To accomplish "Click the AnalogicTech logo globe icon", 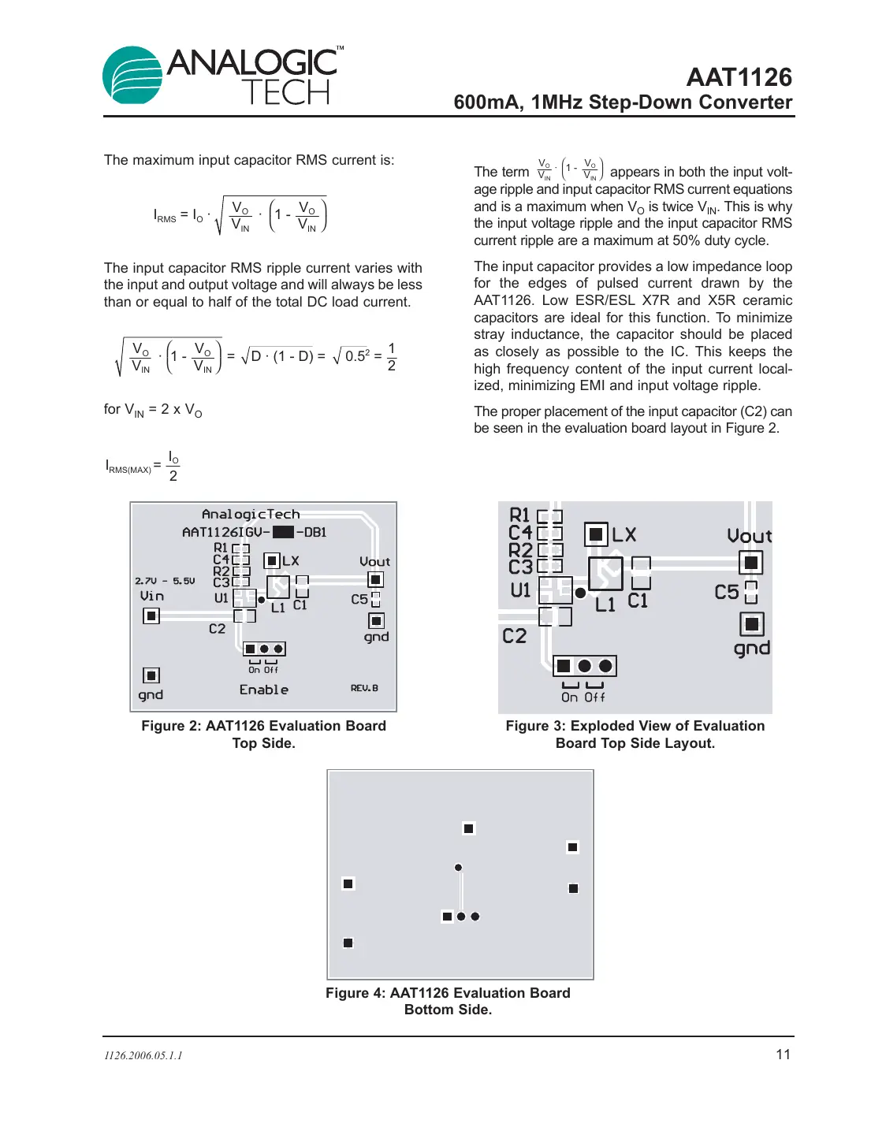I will point(132,76).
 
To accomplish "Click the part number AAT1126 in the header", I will point(739,77).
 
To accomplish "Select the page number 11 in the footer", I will point(783,1054).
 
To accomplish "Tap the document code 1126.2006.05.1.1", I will point(143,1055).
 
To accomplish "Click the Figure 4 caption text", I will point(448,1001).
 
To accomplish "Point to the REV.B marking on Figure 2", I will point(364,688).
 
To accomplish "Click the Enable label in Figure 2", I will point(264,690).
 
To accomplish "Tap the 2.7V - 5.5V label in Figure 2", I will point(165,581).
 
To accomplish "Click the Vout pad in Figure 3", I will point(751,563).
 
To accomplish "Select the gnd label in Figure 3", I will point(751,649).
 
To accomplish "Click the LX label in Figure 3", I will point(624,535).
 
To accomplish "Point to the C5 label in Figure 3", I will point(727,592).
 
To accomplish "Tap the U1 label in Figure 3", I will point(521,590).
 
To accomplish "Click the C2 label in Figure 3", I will point(514,636).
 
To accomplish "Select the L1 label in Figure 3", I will point(605,604).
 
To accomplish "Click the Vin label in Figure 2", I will point(152,597).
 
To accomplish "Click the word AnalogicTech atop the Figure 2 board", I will point(251,515).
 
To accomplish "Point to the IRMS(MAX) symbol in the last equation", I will point(128,467).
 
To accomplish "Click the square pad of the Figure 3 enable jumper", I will point(564,666).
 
